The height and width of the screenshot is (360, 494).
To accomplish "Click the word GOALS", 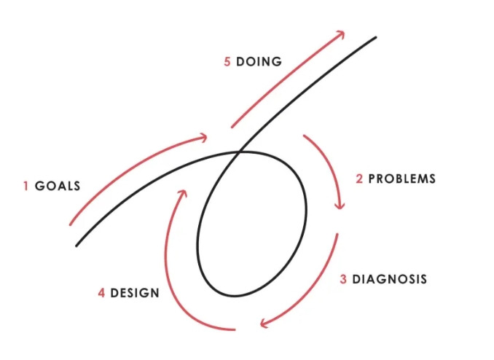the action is [57, 187].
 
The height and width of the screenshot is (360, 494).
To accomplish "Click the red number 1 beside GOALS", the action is [26, 187].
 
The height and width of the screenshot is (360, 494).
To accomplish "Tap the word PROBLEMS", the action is [402, 179].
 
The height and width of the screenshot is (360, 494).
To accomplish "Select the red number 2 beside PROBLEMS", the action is [359, 179].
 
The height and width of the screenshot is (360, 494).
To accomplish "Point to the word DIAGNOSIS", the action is [389, 279].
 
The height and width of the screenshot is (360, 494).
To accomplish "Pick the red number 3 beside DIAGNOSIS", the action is [343, 279].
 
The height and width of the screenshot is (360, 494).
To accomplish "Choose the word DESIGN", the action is [135, 294].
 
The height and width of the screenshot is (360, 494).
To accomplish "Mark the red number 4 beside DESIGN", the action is [102, 294].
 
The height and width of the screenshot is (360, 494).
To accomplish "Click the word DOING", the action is [259, 62].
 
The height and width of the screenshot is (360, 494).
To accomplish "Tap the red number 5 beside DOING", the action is [227, 62].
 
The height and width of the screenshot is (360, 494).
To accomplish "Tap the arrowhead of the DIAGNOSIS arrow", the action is [263, 323].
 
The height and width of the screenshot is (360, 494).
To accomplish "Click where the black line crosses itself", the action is [240, 152].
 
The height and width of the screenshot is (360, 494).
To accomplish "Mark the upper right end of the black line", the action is [376, 37].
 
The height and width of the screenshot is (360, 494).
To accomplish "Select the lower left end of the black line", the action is [77, 246].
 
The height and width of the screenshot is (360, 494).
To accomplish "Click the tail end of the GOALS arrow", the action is [70, 224].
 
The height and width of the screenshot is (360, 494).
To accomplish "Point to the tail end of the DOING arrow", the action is [232, 127].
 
